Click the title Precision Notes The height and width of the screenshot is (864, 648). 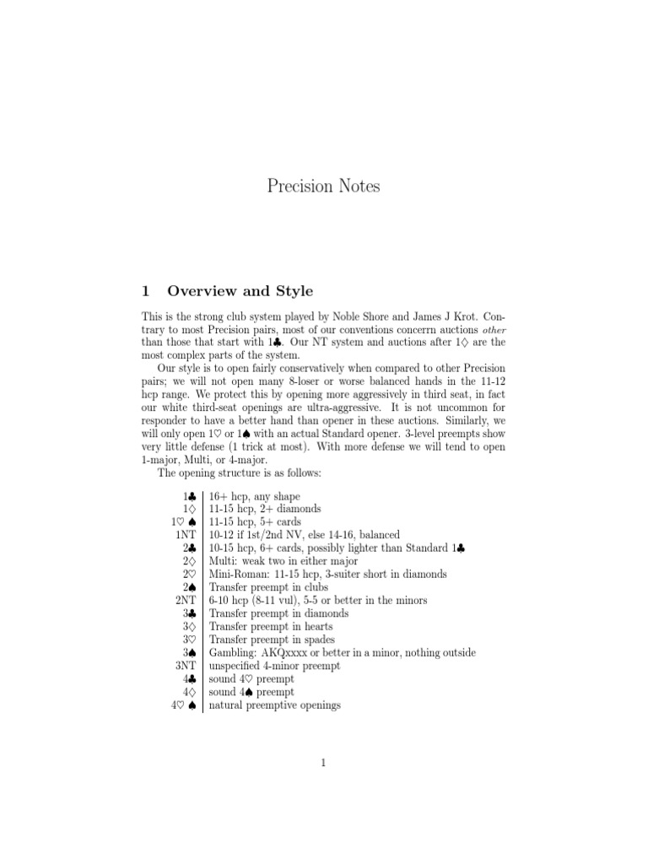(323, 186)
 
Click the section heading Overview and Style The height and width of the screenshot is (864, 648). (240, 291)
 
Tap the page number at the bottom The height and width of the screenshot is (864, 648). (323, 763)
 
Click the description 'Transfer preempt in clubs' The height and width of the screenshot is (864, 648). (268, 587)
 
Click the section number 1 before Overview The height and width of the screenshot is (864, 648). (146, 291)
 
